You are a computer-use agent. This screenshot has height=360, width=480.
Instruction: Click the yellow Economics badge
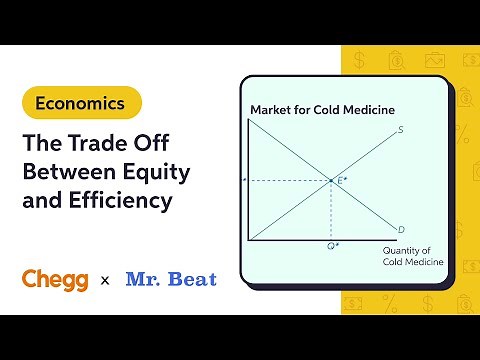tap(80, 102)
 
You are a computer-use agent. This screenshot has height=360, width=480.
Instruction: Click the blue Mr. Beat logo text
tap(171, 279)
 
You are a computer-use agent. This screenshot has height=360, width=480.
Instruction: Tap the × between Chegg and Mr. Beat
tap(105, 281)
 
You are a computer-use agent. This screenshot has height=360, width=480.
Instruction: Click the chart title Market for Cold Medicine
tap(322, 109)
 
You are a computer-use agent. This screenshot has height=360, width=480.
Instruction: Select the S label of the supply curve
tap(400, 129)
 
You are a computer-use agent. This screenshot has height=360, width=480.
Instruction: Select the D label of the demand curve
tap(400, 230)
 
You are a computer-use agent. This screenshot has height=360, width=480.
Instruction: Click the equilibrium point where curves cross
tap(331, 181)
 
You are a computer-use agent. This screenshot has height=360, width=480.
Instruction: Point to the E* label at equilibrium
tap(342, 180)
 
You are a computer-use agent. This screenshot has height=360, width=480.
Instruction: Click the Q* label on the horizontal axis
tap(331, 246)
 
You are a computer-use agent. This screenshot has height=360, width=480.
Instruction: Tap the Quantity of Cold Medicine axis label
tap(412, 257)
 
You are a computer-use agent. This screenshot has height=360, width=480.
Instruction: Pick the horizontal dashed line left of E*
tap(290, 181)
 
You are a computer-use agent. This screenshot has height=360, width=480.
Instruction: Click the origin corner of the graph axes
tap(249, 240)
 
